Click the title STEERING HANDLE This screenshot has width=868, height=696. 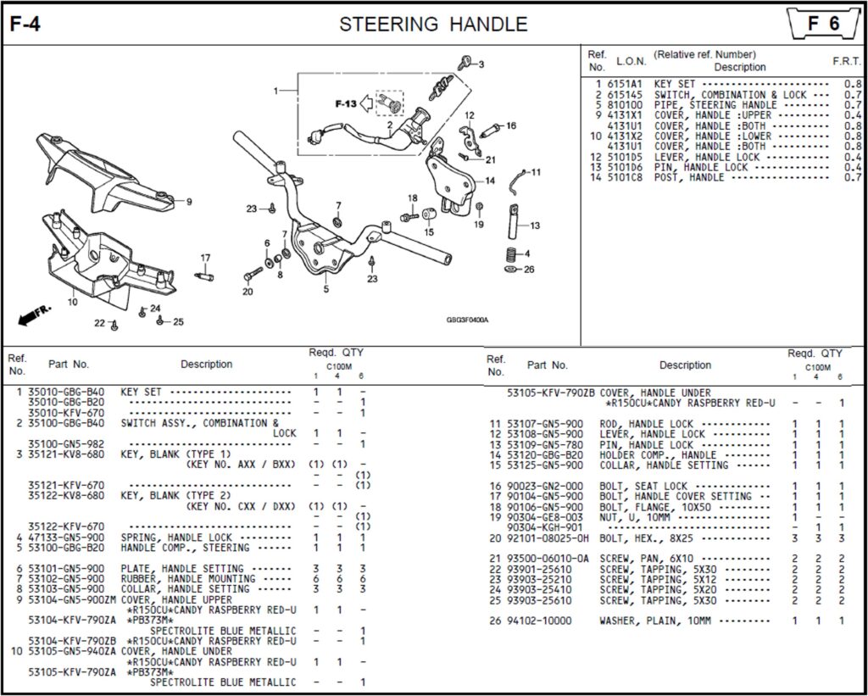pos(433,25)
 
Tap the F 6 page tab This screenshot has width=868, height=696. pos(823,24)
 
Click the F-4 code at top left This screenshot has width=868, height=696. pos(25,25)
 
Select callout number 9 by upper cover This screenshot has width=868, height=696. pos(188,202)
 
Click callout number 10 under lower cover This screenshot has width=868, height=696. pos(72,301)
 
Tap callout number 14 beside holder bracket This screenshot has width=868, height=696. pos(490,181)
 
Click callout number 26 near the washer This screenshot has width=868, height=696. pos(529,270)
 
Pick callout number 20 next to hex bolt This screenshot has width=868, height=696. pos(248,292)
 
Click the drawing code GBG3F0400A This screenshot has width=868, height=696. pos(468,320)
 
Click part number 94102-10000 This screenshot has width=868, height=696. pos(539,621)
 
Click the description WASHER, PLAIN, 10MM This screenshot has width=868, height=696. pos(654,621)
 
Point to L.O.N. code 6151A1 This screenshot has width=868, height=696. pos(625,85)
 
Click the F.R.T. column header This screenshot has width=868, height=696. pos(848,62)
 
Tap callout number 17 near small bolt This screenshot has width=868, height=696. pos(205,258)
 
